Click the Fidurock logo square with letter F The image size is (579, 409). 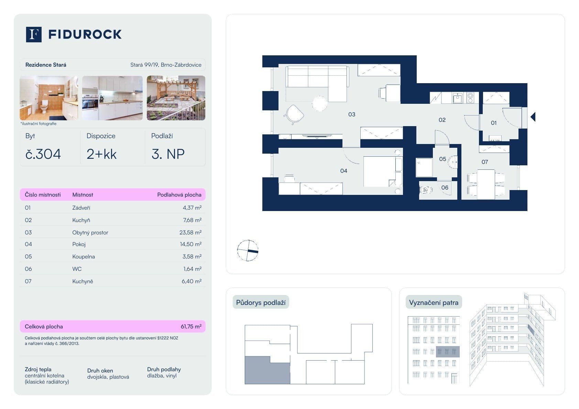(x=34, y=34)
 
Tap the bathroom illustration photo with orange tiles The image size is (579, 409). (x=48, y=98)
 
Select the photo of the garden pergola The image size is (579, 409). (x=176, y=98)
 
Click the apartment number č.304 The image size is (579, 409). (x=43, y=154)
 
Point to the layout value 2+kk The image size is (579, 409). (x=101, y=154)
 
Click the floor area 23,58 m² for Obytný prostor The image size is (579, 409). (x=190, y=232)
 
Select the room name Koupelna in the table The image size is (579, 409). (x=84, y=256)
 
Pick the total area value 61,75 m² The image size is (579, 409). (x=191, y=327)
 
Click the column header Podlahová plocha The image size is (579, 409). (x=179, y=195)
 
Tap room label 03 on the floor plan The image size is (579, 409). (x=351, y=114)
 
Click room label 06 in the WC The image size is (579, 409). (x=445, y=188)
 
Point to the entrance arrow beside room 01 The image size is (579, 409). (x=533, y=117)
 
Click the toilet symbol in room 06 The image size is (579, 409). (x=426, y=190)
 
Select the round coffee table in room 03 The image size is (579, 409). (x=319, y=103)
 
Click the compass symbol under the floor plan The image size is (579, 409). (x=248, y=250)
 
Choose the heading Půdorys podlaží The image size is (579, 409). (x=261, y=302)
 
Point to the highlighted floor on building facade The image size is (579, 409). (x=448, y=352)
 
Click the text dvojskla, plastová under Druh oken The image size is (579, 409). (x=108, y=377)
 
